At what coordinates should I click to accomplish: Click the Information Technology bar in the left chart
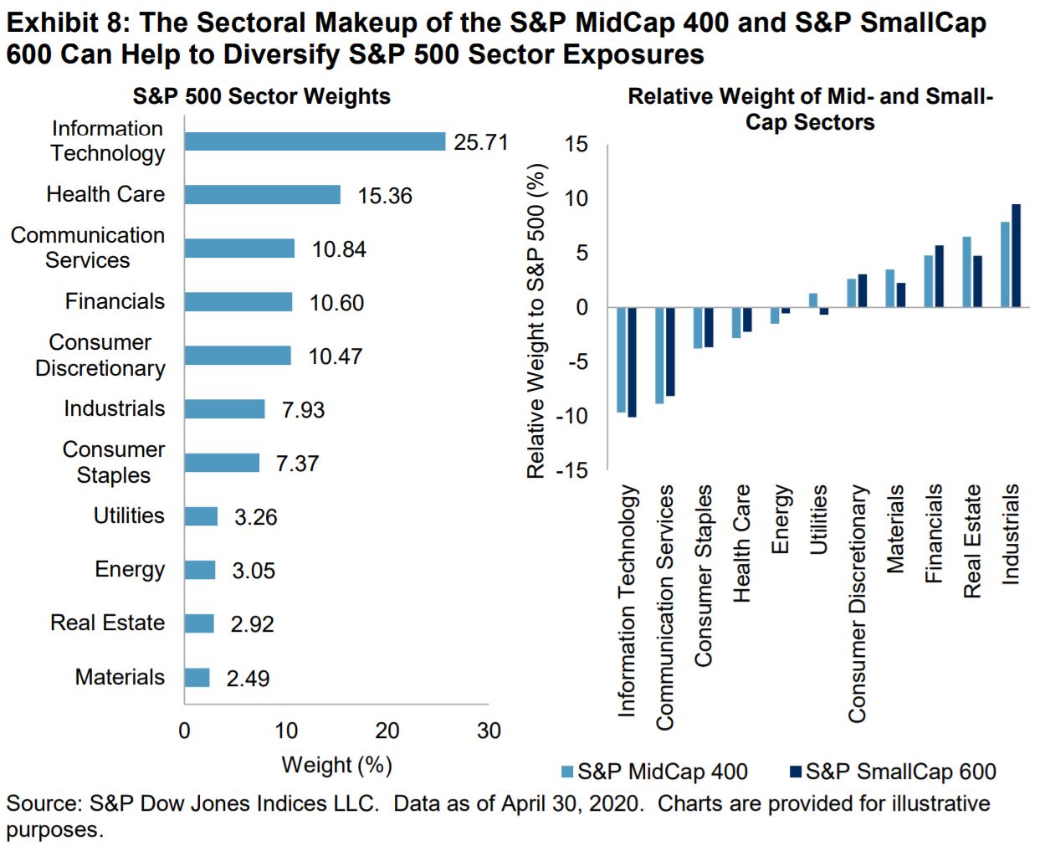315,141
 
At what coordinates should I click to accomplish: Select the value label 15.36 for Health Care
385,196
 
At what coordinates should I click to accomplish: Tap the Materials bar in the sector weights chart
197,677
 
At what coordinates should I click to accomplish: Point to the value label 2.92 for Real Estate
252,624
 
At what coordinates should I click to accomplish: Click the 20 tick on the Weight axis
387,731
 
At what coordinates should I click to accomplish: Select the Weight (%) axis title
336,765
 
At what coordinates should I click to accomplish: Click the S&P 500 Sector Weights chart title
261,96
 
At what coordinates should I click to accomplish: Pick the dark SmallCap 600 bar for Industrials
1016,255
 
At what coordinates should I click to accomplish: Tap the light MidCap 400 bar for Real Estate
966,272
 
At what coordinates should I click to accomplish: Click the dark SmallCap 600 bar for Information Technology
632,361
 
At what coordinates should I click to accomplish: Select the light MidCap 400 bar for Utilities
813,300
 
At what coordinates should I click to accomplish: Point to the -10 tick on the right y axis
573,416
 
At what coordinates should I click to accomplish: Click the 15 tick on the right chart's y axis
576,145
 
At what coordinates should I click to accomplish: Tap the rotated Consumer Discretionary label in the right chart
857,602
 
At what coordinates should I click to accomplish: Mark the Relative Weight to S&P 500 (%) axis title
535,320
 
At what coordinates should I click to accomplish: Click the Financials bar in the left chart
238,302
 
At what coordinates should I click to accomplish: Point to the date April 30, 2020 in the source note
572,803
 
